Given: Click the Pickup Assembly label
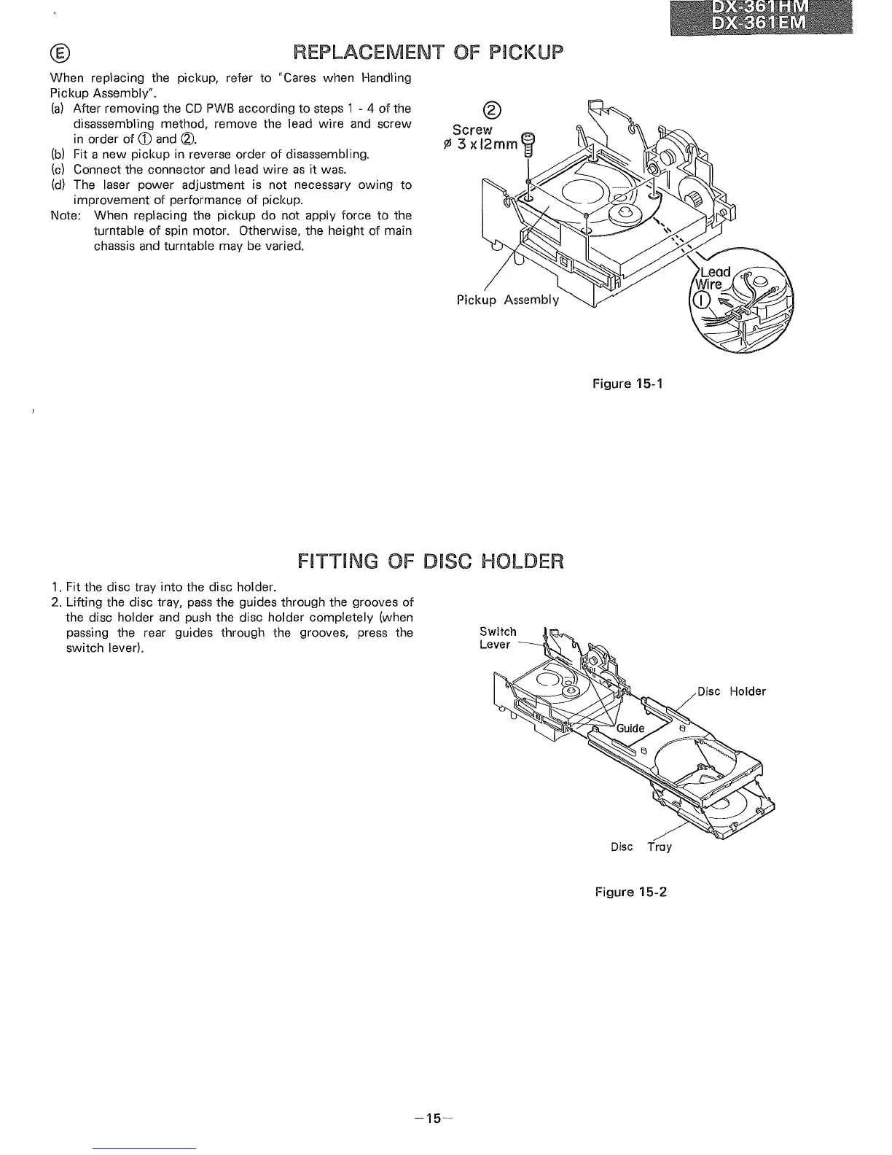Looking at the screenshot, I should coord(508,300).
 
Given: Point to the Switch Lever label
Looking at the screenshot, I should coord(498,638).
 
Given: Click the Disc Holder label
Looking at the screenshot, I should coord(731,691).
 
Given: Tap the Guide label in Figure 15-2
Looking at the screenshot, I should coord(630,728).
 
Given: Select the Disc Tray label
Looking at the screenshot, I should coord(641,847).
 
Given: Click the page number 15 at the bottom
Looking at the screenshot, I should coord(434,1119).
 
